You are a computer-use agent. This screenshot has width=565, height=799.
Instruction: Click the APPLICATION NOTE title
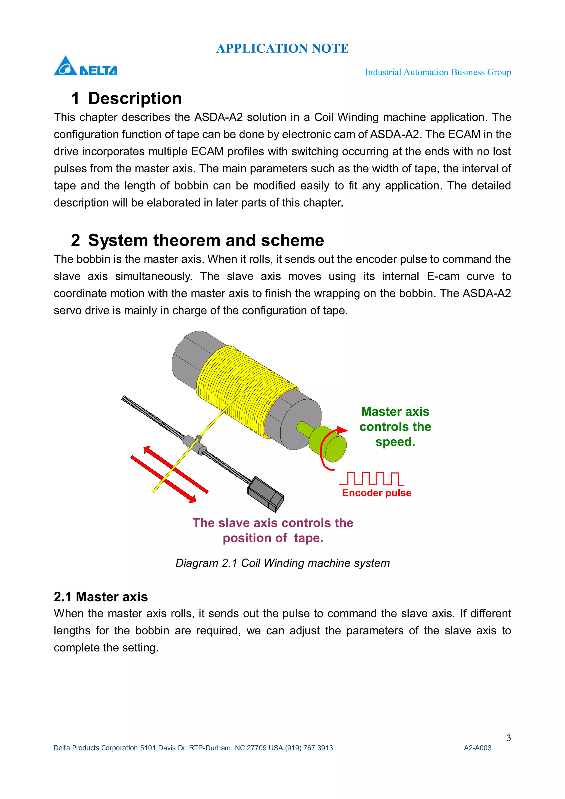(282, 48)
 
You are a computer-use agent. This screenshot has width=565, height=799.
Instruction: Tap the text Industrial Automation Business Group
(438, 72)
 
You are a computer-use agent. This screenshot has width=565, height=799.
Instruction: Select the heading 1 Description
(126, 98)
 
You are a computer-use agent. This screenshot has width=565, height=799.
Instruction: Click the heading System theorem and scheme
(197, 240)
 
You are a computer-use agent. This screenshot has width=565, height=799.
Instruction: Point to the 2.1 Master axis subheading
(101, 597)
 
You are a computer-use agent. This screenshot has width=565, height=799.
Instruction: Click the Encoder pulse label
(377, 493)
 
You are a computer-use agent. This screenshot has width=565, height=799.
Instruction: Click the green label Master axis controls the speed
(395, 427)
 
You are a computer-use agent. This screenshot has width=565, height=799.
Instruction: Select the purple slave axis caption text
(273, 530)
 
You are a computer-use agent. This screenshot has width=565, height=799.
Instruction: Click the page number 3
(509, 738)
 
